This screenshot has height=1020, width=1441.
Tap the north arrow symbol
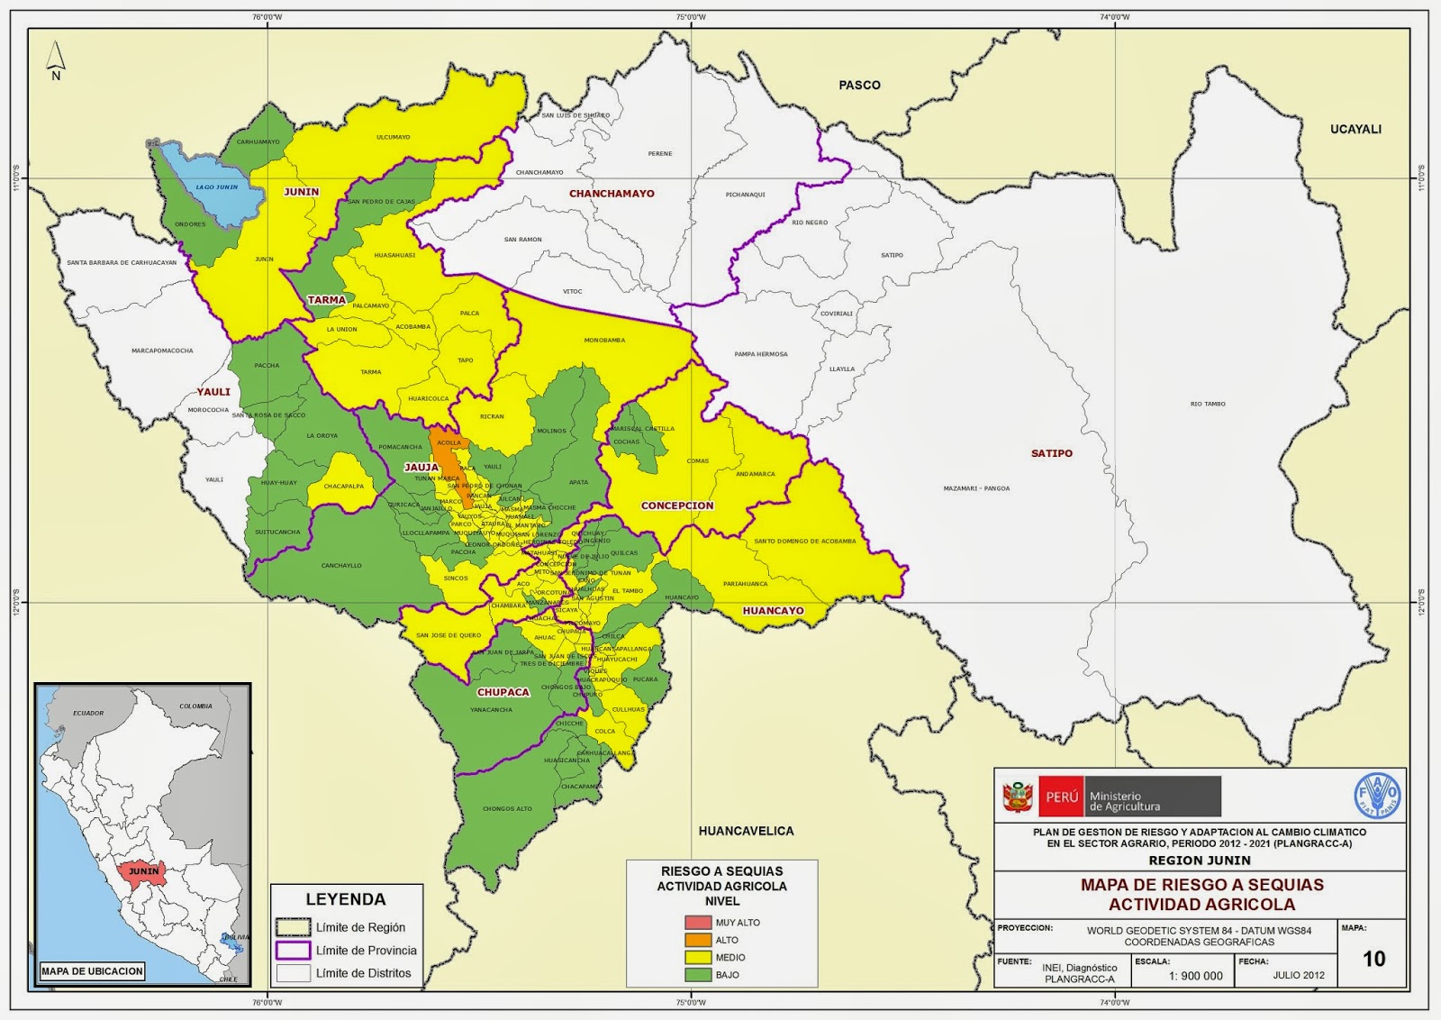point(56,59)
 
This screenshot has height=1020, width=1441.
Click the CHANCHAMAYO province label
point(612,194)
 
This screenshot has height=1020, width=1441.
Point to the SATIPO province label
point(1051,453)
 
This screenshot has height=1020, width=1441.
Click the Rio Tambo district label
point(1208,404)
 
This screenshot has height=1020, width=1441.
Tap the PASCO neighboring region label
point(859,85)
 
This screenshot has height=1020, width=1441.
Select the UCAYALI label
point(1355,129)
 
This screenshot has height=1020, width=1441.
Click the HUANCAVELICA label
point(746,831)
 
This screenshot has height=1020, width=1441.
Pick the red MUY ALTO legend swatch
point(698,923)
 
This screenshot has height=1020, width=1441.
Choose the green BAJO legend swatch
point(698,975)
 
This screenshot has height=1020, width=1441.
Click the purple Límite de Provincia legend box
point(293,951)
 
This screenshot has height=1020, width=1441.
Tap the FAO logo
point(1377,796)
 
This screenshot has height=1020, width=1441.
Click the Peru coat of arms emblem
point(1019,797)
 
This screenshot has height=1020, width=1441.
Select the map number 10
point(1373,959)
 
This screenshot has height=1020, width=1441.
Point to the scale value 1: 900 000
point(1195,976)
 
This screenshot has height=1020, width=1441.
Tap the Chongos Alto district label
point(507,809)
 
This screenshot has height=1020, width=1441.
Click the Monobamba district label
point(604,341)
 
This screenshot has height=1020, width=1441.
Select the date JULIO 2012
point(1298,976)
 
